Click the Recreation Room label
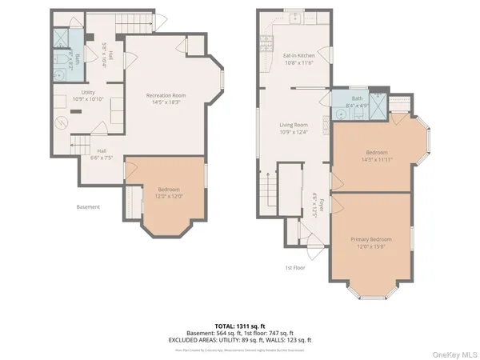coord(166,99)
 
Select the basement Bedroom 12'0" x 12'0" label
coord(168,192)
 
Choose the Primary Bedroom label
coord(370,242)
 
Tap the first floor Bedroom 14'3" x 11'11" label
coord(377,155)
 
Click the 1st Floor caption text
coord(296,267)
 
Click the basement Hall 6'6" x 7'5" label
coord(102,154)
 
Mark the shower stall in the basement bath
coord(62,38)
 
